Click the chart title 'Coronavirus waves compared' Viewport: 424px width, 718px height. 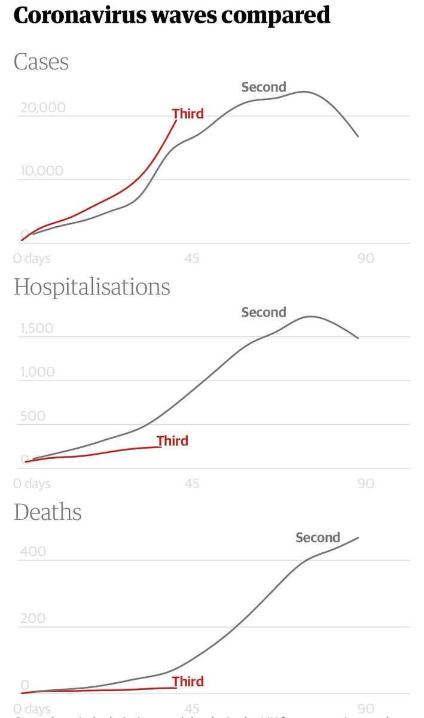coord(172,16)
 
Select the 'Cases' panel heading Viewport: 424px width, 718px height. coord(41,62)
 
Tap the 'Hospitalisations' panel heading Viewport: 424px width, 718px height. coord(91,287)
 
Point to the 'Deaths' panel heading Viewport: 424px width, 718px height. coord(47,512)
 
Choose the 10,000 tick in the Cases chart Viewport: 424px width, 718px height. coord(42,171)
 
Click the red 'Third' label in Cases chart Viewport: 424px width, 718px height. coord(188,114)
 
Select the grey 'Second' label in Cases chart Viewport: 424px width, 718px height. coord(264,87)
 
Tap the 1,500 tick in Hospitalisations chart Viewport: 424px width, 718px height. coord(36,328)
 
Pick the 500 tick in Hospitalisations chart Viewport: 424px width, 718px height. coord(32,416)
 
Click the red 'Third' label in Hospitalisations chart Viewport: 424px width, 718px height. coord(172,441)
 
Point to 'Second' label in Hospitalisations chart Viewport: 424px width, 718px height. coord(264,312)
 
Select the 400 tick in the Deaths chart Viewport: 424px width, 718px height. coord(33,552)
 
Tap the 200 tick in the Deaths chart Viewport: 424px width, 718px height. coord(33,618)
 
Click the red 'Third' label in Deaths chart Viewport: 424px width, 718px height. coord(188,682)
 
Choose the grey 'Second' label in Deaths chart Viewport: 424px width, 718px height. coord(318,537)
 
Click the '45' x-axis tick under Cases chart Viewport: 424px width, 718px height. coord(192,258)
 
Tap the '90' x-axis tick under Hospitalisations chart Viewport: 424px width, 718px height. coord(365,483)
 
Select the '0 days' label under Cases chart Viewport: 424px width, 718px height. coord(32,258)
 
